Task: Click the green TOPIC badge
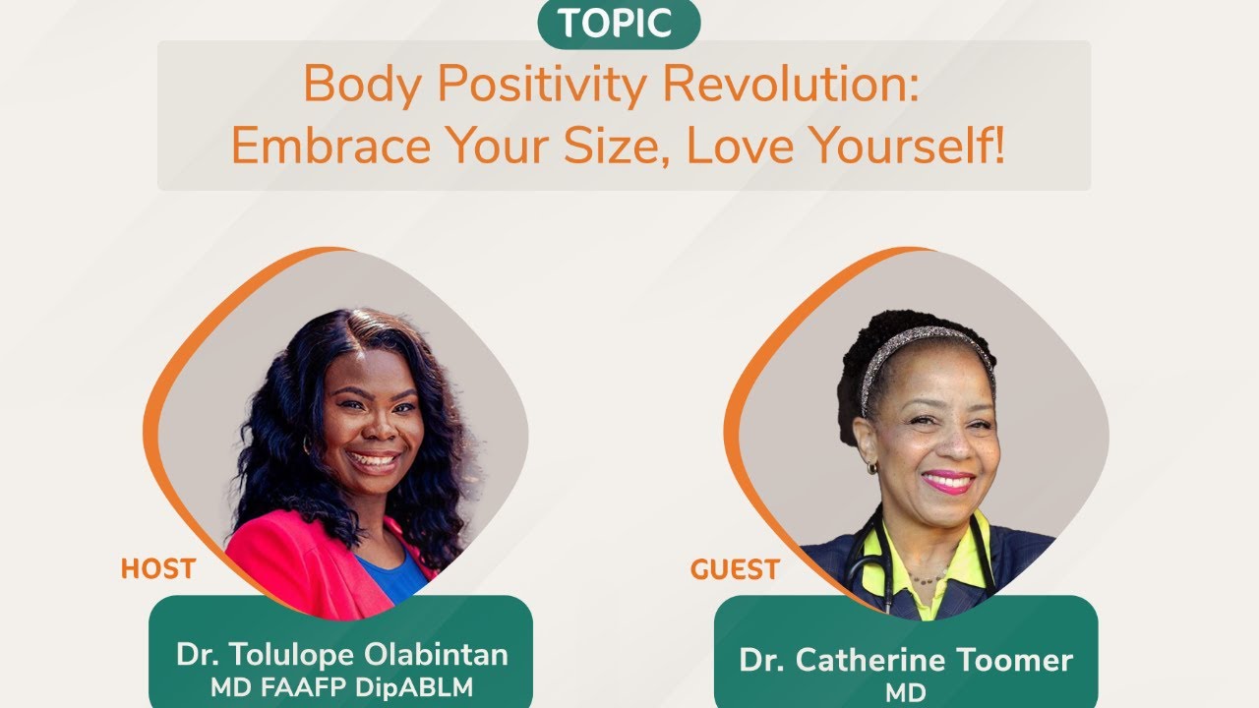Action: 619,23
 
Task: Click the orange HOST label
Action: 157,568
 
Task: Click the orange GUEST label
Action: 735,569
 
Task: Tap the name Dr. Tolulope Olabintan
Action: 341,654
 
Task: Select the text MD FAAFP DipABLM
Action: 340,686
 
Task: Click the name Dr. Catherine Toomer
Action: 906,659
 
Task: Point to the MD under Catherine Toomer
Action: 905,692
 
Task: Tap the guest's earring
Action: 871,468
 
